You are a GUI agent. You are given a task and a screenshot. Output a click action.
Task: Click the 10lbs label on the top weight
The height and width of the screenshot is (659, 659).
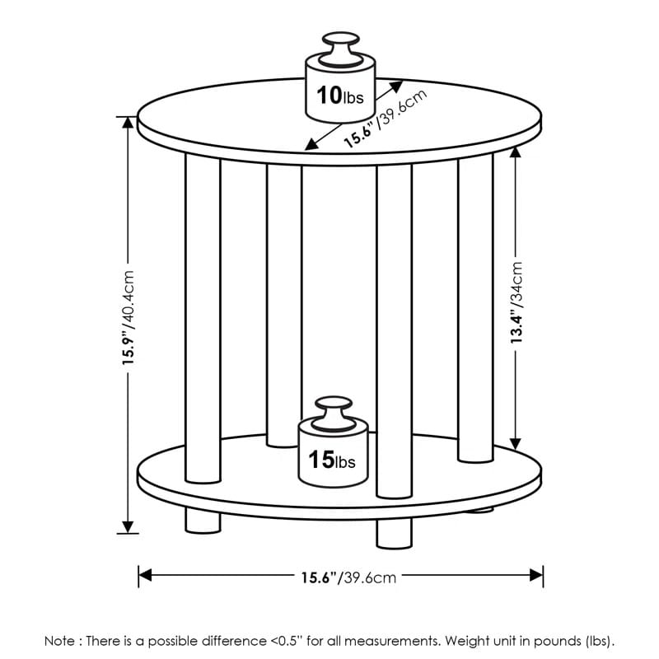pos(340,95)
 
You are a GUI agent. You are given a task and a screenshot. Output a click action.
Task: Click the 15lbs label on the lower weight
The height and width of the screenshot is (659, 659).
pos(332,460)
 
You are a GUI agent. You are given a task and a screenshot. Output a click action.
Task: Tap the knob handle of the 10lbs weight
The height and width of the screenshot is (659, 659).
pos(341,49)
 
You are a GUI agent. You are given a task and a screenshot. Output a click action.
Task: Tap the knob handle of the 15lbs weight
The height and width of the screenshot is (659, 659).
pos(334,414)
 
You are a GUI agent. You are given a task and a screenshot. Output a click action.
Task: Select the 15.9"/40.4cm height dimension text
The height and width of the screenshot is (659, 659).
pos(129,317)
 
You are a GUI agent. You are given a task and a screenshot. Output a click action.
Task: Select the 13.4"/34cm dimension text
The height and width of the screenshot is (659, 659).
pos(516,302)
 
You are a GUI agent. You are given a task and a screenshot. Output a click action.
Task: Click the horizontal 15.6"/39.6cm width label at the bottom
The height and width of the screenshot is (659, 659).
pos(348,577)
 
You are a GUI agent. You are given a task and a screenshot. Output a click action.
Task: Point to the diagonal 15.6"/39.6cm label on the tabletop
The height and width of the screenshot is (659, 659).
pos(385,119)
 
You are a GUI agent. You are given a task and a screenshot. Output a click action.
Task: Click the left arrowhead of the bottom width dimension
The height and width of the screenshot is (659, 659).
pos(145,575)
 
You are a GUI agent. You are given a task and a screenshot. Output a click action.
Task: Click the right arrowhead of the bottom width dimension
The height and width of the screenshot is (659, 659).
pos(536,575)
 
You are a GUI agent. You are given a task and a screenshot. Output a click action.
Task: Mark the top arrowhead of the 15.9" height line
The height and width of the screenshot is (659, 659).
pos(128,123)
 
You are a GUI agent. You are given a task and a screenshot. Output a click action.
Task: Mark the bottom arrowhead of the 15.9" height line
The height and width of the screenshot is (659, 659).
pos(128,527)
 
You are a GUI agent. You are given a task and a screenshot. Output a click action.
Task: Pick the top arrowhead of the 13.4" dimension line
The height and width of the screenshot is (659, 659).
pos(516,152)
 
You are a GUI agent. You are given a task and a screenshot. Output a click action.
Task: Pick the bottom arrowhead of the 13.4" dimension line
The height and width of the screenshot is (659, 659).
pos(516,444)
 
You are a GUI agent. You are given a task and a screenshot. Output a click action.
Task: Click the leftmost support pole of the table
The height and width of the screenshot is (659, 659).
pos(203,319)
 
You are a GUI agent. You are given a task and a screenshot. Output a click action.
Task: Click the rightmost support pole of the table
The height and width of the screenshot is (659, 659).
pos(476,308)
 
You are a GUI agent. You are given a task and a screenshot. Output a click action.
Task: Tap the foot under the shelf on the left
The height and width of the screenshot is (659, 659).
pos(203,521)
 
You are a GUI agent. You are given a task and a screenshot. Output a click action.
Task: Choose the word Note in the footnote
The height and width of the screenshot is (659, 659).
pos(59,641)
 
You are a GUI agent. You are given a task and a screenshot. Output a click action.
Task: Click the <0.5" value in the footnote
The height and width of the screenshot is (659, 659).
pos(286,641)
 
